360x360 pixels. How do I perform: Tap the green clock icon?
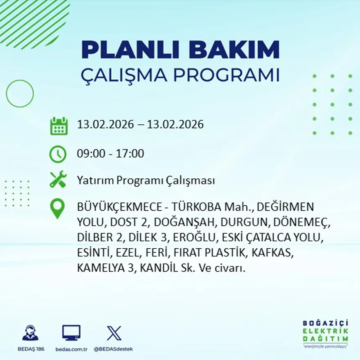(x=58, y=154)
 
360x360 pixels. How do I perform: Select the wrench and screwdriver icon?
(x=58, y=180)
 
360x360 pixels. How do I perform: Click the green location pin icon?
(x=57, y=208)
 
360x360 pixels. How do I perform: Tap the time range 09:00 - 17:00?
(x=110, y=154)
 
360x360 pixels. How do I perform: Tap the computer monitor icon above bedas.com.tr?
(x=71, y=333)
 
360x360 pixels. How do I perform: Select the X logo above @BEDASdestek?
(x=114, y=333)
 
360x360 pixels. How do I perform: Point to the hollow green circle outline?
(x=20, y=94)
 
